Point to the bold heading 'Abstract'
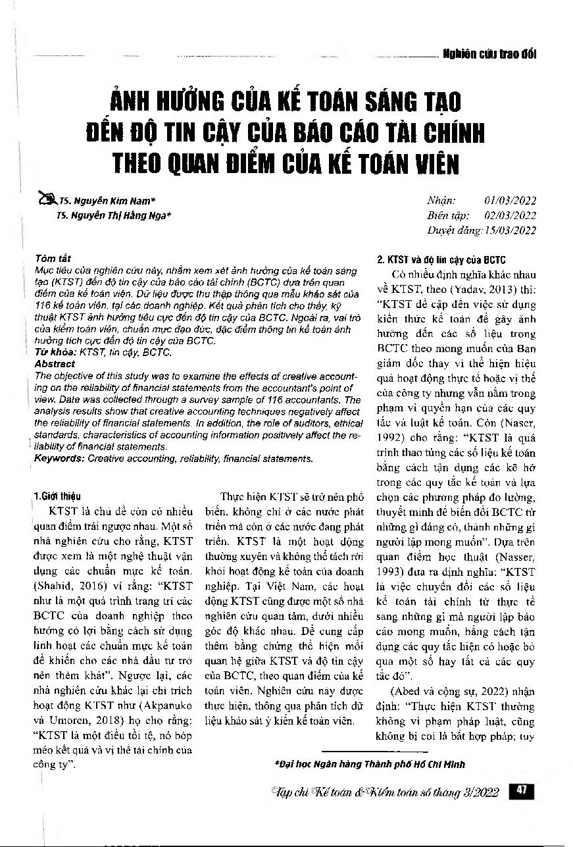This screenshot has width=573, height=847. point(54,363)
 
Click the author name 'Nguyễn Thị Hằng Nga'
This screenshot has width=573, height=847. point(120,215)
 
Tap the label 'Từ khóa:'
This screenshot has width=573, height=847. point(55,353)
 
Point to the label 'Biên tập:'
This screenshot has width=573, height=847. point(447,215)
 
